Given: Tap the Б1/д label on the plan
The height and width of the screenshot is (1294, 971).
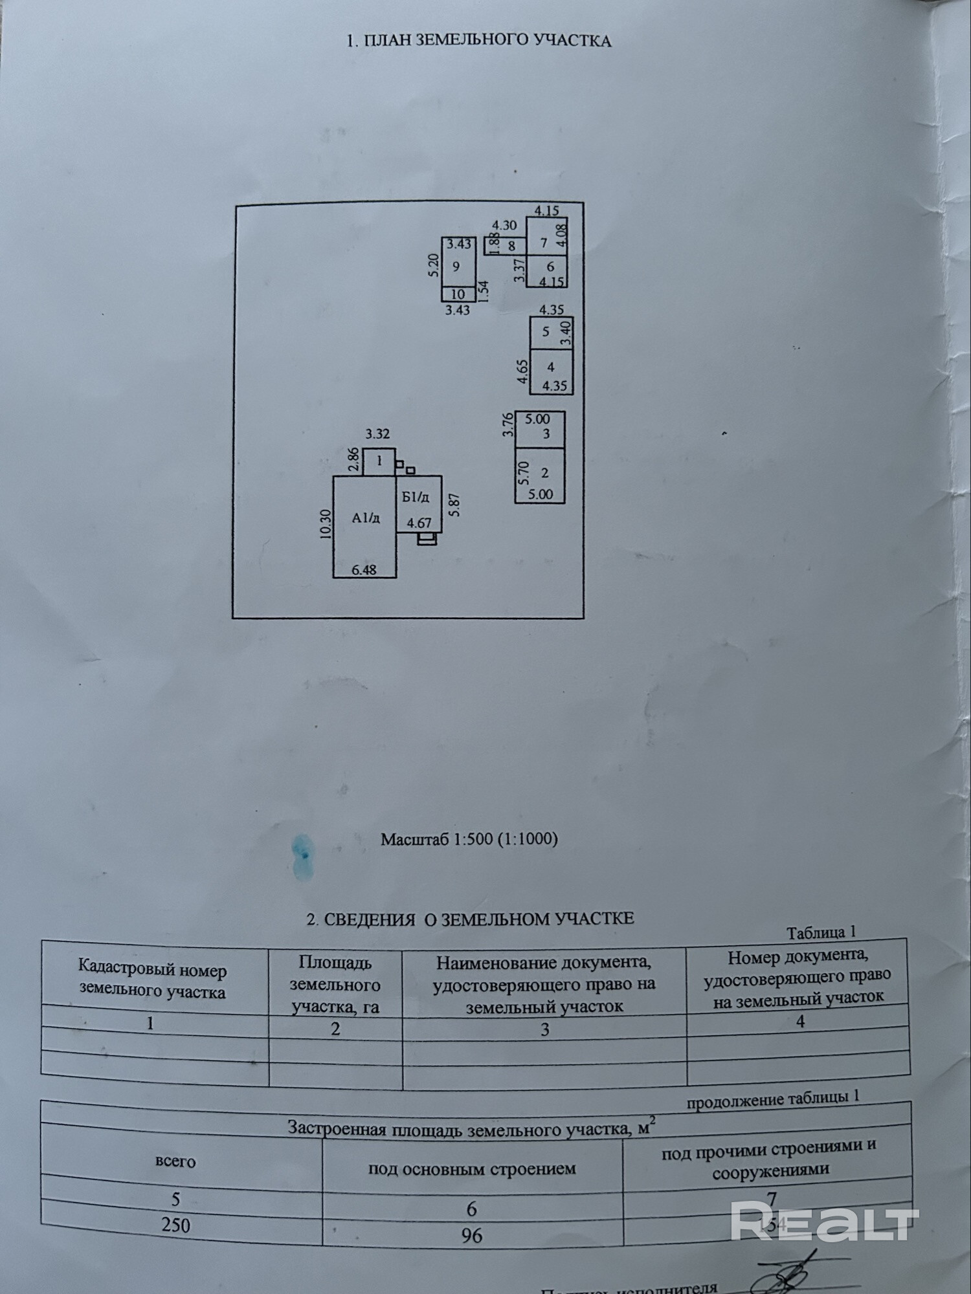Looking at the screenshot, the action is (x=416, y=497).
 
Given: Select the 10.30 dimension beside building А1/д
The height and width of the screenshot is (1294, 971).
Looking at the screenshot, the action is (x=326, y=524).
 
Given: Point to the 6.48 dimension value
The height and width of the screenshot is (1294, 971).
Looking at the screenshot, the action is (x=364, y=570).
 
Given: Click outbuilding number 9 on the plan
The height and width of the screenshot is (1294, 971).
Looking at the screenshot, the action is (x=457, y=267).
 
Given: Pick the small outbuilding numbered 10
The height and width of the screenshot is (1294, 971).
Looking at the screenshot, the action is (x=458, y=294).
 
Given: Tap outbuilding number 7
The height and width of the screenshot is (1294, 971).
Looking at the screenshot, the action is (x=544, y=243).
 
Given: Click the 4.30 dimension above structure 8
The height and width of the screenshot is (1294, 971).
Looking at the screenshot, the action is (x=504, y=225).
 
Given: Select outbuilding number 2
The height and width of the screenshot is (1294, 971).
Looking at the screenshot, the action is (x=544, y=473).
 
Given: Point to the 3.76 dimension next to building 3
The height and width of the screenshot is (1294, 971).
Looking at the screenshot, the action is (x=508, y=425).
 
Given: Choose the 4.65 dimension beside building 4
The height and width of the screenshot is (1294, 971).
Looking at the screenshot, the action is (x=523, y=372).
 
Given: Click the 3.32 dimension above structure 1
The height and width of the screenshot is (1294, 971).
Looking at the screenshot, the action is (x=377, y=434).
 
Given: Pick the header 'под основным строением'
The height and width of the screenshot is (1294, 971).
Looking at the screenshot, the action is (x=472, y=1168).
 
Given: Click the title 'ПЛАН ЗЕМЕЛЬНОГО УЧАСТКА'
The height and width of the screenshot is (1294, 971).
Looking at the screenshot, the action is (x=479, y=40).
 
